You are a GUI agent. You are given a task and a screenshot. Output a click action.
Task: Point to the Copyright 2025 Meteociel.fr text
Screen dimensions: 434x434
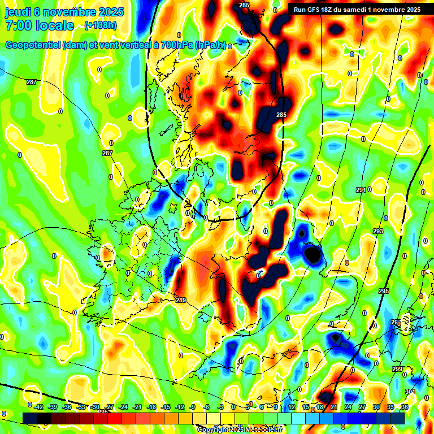click(x=240, y=429)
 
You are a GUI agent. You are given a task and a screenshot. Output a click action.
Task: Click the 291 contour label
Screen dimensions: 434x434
click(x=362, y=190)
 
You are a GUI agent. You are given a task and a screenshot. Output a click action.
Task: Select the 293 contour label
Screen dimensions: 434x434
click(x=378, y=232)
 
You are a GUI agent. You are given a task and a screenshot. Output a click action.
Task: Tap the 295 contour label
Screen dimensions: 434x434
click(x=384, y=291)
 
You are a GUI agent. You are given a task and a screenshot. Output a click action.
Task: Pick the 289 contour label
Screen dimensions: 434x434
click(x=181, y=300)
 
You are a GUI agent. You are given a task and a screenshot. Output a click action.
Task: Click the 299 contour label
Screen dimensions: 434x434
click(x=398, y=369)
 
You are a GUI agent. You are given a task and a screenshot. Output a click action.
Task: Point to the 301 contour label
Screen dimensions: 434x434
click(x=410, y=392)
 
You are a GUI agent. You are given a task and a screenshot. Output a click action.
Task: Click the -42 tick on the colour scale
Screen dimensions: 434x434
click(x=39, y=407)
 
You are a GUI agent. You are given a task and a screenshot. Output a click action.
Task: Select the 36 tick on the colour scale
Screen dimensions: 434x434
click(x=405, y=407)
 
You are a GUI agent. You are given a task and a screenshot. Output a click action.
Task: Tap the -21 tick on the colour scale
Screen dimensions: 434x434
click(x=137, y=407)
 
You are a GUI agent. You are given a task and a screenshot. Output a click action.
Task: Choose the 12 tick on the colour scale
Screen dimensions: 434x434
click(x=292, y=407)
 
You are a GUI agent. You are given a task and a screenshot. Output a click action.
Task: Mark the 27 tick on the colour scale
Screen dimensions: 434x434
click(x=362, y=407)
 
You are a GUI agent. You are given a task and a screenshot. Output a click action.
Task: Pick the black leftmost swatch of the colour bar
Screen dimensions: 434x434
click(x=30, y=418)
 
